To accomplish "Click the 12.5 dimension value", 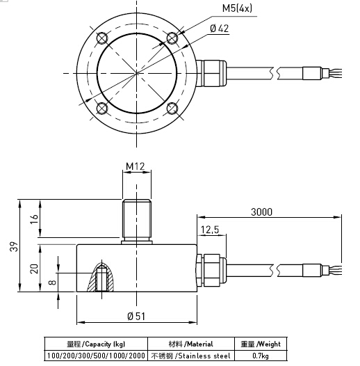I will coord(210,230).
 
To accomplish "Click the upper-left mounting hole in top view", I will coord(102,38).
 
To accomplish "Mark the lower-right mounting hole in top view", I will coord(172,108).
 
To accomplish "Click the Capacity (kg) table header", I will coord(97,344).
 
